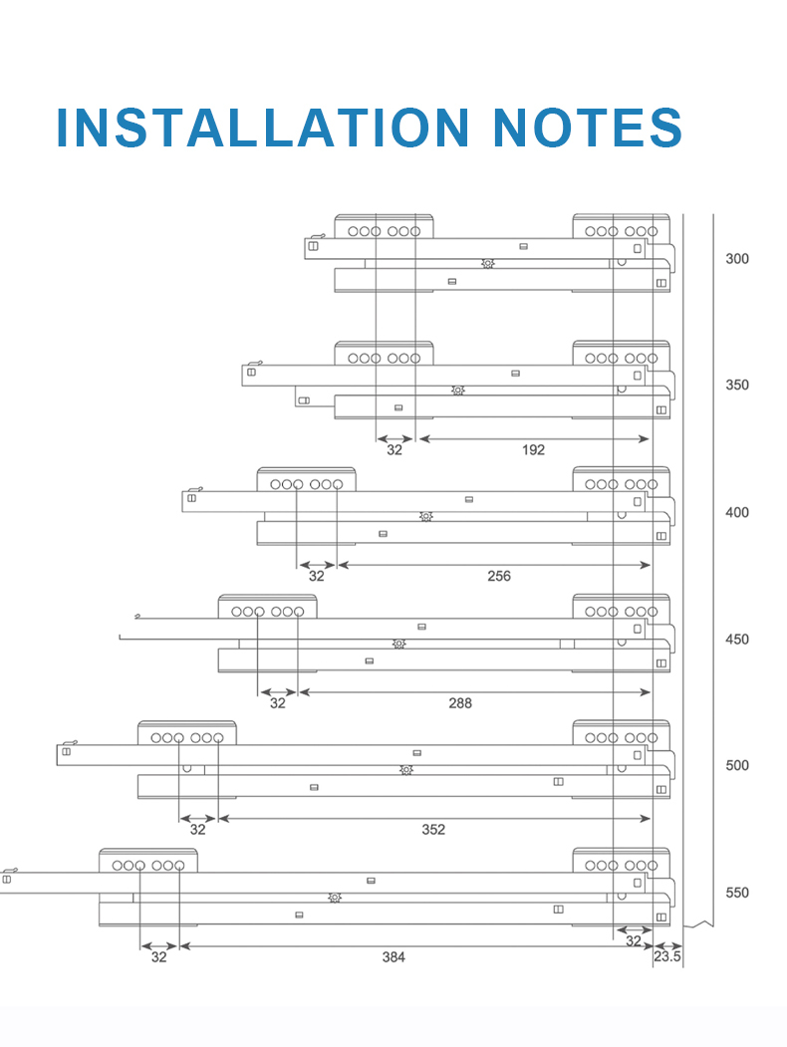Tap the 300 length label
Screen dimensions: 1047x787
coord(737,259)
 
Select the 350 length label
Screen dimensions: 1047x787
coord(737,386)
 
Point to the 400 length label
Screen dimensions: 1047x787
coord(737,513)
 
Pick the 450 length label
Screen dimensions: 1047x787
coord(737,640)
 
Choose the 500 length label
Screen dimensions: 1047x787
coord(737,766)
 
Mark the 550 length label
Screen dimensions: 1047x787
coord(737,894)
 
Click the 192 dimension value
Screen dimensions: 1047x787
coord(533,450)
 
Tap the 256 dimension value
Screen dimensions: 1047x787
coord(499,577)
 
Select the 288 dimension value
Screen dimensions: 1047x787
coord(459,703)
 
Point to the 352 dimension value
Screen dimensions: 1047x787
coord(433,830)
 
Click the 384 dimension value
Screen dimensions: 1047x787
coord(394,957)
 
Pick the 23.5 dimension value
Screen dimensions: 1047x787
coord(666,957)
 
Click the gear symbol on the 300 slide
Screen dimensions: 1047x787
coord(487,264)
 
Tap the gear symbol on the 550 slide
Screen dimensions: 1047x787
coord(335,898)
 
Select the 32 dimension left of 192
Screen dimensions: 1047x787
coord(394,450)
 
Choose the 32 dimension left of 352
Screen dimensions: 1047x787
coord(197,830)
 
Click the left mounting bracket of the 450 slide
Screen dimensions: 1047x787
coord(267,609)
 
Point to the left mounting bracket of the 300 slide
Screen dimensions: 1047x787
coord(384,228)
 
